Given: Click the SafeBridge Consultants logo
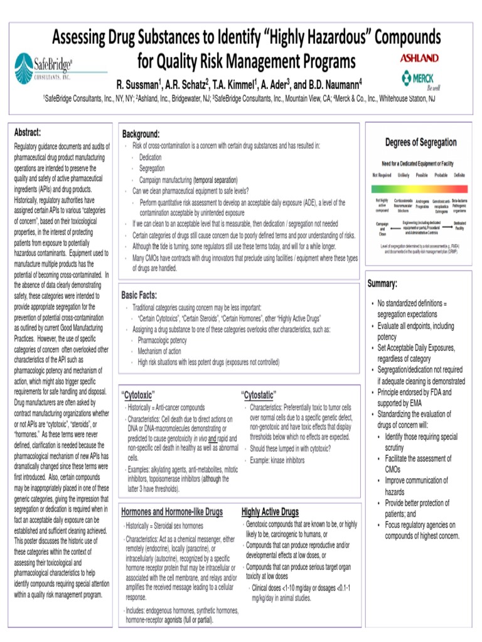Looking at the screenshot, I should pos(43,68).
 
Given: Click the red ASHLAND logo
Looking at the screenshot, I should pos(419,58).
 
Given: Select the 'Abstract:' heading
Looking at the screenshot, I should pos(28,132).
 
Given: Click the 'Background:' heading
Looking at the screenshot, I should pos(141,134).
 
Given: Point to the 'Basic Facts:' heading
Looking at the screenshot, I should pos(139,295).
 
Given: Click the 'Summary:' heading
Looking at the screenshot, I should pos(382,284).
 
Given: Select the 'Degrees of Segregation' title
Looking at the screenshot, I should pos(420,142).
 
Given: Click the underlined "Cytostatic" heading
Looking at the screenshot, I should pos(259,395).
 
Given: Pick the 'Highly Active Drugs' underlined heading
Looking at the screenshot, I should pos(270,512).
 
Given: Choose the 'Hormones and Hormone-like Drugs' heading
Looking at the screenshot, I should pos(172,512).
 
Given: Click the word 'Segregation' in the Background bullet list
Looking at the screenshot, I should pos(152,169).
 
